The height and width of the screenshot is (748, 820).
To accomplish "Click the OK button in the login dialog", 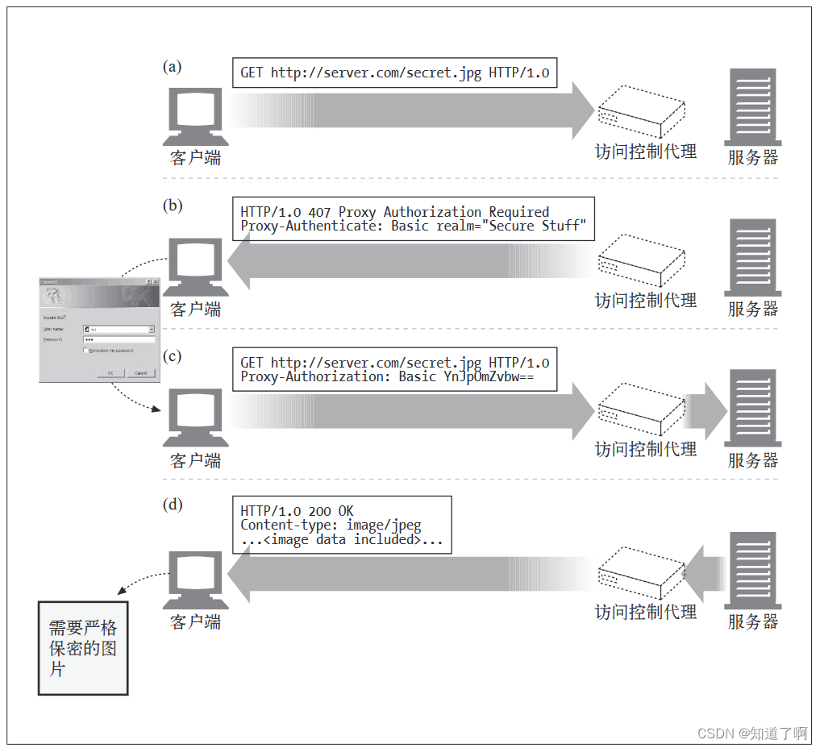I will click(x=110, y=373).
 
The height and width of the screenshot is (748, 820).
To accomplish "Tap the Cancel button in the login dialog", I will click(x=140, y=373).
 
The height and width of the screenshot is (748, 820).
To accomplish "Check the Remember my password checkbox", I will click(x=85, y=351).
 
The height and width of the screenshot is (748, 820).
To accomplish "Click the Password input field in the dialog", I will click(x=118, y=340).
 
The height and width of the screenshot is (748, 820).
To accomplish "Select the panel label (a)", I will click(x=172, y=67).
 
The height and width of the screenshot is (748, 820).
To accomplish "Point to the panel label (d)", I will click(x=172, y=505).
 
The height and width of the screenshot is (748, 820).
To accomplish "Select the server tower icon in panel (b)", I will click(x=752, y=257).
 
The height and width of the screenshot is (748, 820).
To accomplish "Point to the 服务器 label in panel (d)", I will click(x=753, y=621).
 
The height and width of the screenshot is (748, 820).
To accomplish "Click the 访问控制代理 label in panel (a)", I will click(x=645, y=152).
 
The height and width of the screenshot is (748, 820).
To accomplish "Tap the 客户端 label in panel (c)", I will click(x=195, y=461).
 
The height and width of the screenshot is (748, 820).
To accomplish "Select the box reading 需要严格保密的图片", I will click(x=83, y=648).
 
